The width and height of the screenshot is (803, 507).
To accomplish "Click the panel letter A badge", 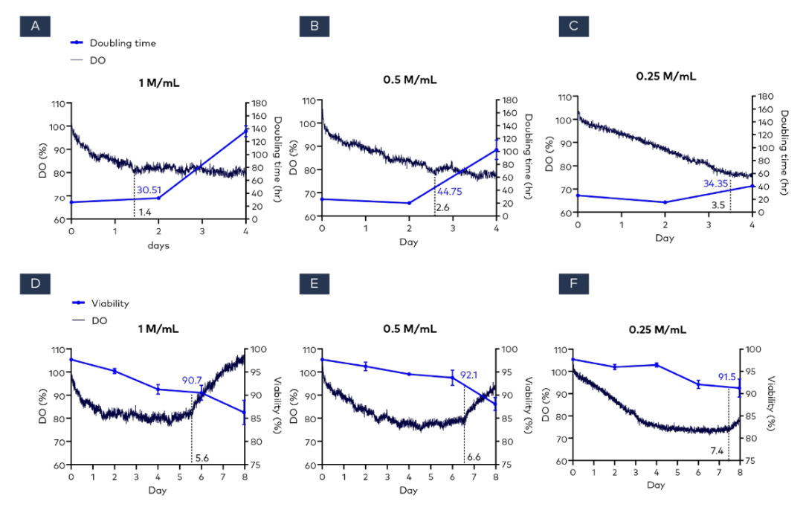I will point(35,27).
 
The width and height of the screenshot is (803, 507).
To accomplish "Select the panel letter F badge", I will point(574,286).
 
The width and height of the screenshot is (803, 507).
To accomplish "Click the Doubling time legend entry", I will point(123,43).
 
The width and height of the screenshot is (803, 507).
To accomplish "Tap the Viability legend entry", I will point(109,303).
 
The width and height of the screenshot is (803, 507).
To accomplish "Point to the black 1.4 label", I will point(145,213).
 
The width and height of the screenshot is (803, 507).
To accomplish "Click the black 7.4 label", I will point(717,451).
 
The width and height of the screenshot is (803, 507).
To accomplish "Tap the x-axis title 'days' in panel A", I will point(157,245).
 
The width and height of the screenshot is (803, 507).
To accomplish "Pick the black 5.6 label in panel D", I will point(201,458).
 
